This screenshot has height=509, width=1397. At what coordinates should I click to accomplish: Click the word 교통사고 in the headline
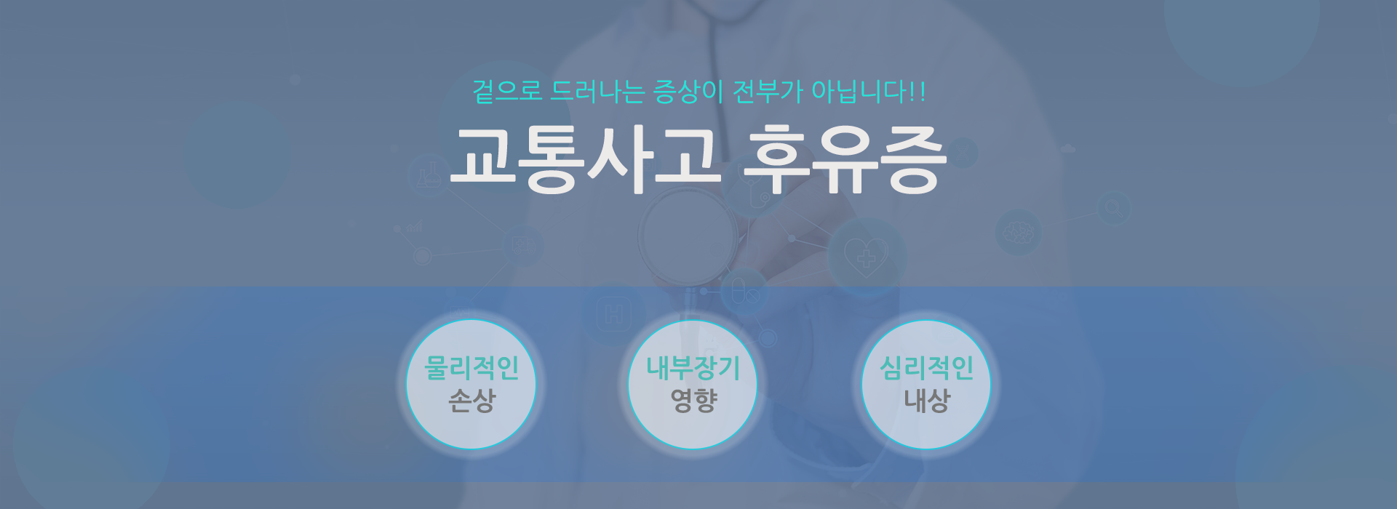coord(585,160)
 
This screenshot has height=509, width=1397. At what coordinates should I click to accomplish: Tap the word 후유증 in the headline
coord(845,160)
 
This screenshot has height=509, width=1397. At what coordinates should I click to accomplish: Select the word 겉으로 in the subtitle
coord(508,92)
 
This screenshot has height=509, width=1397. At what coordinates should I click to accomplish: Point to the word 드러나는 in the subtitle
coord(598,92)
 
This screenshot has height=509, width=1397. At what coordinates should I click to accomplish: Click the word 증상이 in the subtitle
coord(688,92)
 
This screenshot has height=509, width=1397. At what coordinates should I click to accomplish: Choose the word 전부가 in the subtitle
coord(768,92)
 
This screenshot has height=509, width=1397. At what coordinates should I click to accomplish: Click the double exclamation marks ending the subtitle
coord(918,92)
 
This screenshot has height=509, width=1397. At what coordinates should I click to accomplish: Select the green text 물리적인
coord(471,368)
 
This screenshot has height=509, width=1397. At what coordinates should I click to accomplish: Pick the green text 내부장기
coord(693,368)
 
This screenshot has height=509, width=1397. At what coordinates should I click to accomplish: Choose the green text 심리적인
coord(926,368)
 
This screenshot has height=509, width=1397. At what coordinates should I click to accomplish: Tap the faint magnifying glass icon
coord(1113,209)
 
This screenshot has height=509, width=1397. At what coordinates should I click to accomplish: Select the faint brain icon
coord(1019,233)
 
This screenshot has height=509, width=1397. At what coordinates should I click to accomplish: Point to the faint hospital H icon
coord(614,315)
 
